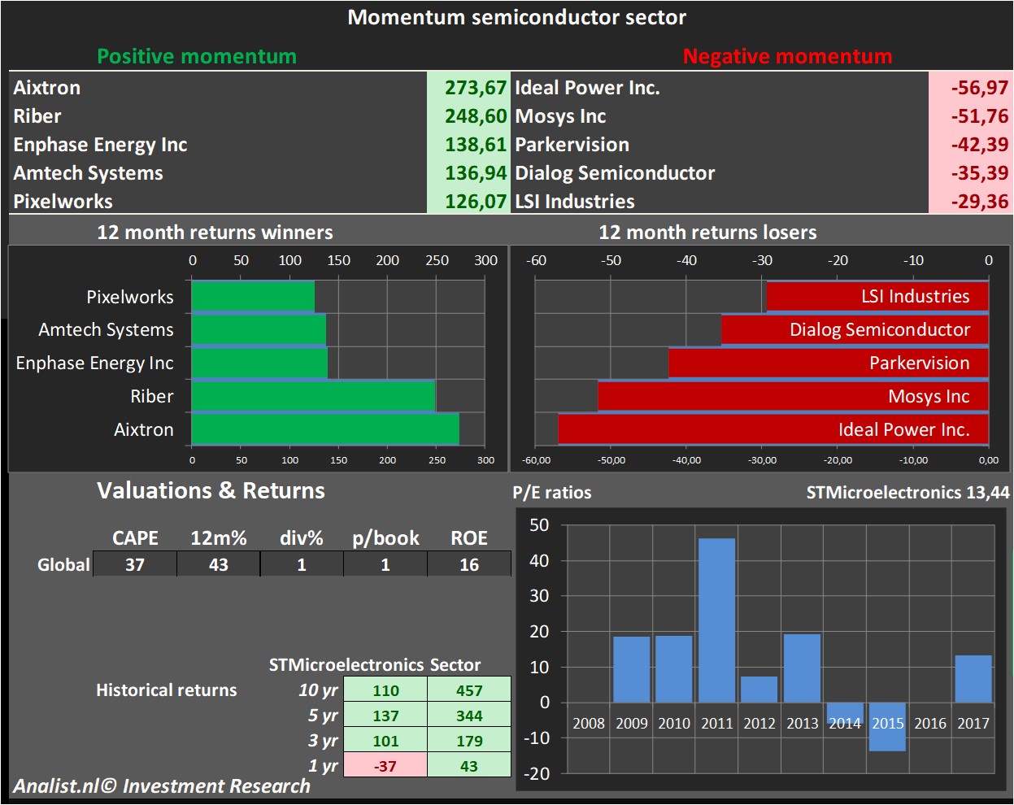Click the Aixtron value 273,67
tap(475, 88)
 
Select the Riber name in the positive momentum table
tap(37, 116)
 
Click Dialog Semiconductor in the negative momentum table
tap(615, 173)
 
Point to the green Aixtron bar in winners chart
tap(325, 429)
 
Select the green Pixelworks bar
tap(253, 296)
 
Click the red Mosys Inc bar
tap(793, 396)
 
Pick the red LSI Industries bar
tap(877, 296)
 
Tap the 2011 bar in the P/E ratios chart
tap(716, 620)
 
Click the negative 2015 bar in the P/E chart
tap(887, 727)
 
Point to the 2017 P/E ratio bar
tap(973, 679)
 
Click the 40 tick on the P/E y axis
tap(539, 560)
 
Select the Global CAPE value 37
tap(135, 564)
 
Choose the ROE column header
tap(469, 538)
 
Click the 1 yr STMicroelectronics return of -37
tap(385, 766)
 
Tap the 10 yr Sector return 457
tap(469, 690)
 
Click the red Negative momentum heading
tap(787, 56)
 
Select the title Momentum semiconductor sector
tap(516, 17)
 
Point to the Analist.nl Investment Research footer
tap(162, 786)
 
